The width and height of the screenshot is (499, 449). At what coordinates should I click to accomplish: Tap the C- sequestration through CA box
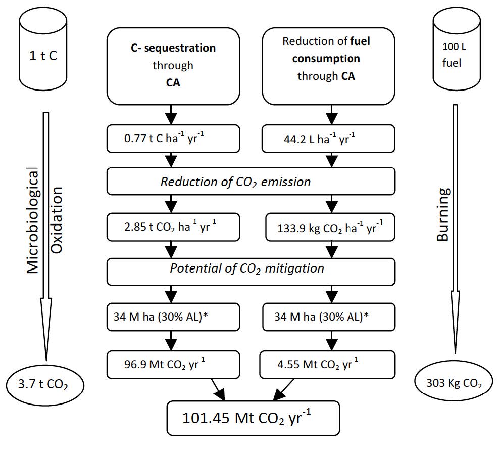pos(173,63)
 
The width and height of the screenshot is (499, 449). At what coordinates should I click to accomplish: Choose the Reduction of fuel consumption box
pos(328,63)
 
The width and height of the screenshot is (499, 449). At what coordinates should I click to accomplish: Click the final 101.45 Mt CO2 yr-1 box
pos(251,419)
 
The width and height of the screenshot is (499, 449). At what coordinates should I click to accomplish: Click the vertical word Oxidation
pos(57,219)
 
